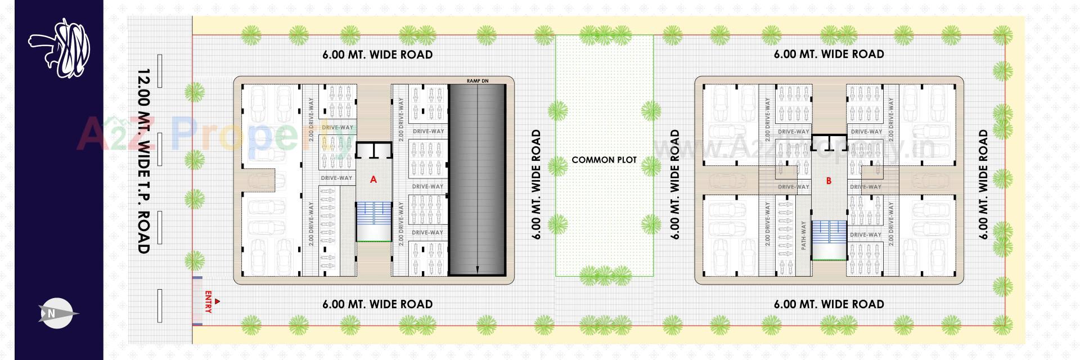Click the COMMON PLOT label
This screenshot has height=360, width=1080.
point(604,160)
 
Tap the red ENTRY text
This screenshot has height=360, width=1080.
point(208,302)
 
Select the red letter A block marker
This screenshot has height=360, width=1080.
point(373,180)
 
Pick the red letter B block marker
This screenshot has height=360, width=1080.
point(829,181)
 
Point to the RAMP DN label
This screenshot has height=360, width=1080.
point(478,81)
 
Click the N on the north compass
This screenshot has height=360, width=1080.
point(51,314)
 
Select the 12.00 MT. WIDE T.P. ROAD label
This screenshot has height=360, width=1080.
point(144,161)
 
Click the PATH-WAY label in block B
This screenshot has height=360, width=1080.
point(804,235)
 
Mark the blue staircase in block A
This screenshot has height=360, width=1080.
point(373,221)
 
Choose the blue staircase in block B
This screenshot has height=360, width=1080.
point(829,239)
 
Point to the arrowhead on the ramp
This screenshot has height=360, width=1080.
point(477,271)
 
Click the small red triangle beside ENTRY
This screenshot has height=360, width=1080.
point(218,302)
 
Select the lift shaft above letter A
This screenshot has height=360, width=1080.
point(373,149)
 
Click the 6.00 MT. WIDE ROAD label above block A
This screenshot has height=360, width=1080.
point(377,55)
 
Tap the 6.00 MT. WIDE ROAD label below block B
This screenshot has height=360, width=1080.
point(829,304)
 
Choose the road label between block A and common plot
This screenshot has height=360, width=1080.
point(536,184)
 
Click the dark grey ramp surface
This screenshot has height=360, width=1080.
point(477,180)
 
